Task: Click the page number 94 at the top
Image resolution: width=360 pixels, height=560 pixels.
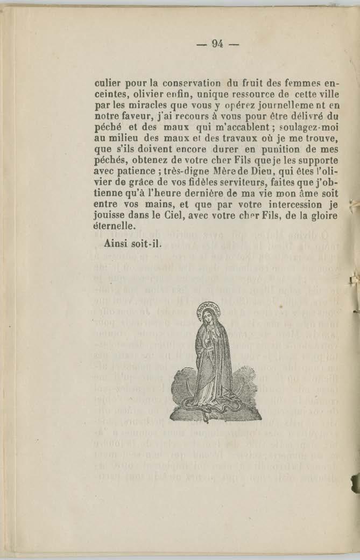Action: click(217, 44)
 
